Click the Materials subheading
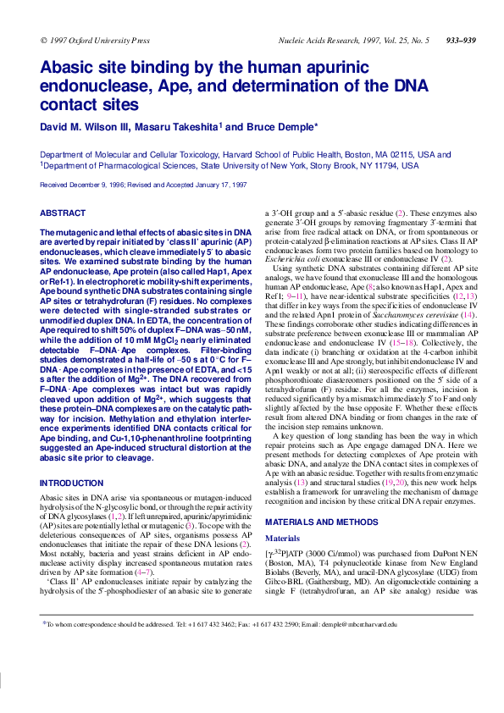[x=282, y=514]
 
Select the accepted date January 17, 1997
[x=218, y=184]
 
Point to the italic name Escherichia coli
[x=296, y=257]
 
